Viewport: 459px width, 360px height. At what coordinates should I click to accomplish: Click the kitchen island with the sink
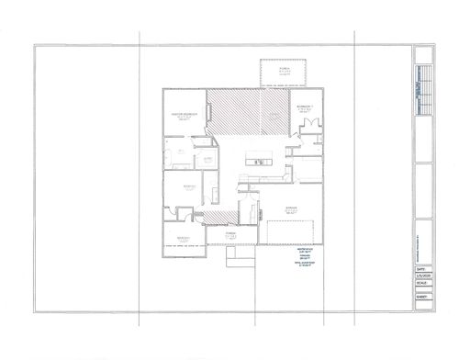[x=260, y=163]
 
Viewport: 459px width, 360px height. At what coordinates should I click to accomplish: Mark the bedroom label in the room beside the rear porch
[x=307, y=109]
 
